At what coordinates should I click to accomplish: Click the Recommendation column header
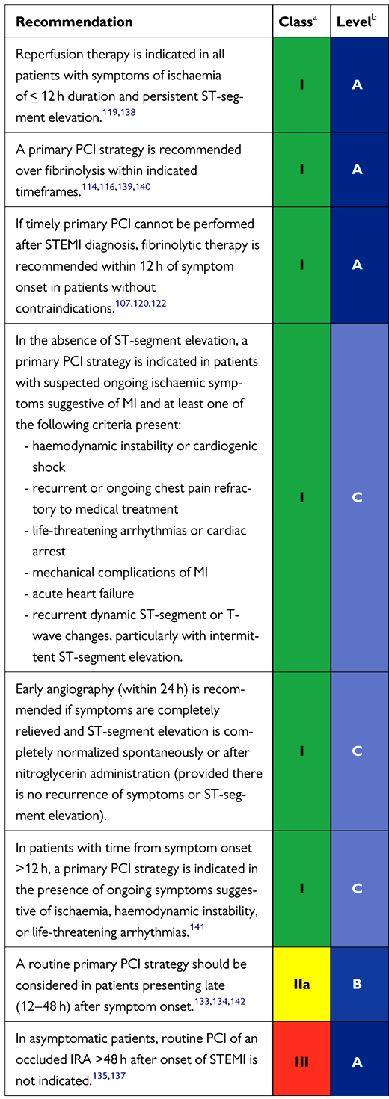(x=74, y=22)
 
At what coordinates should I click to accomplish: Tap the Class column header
(x=298, y=22)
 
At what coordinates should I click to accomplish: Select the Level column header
(x=357, y=22)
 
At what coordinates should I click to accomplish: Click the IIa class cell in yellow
(x=301, y=984)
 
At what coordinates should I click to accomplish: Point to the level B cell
(x=357, y=984)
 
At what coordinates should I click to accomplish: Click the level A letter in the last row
(x=357, y=1062)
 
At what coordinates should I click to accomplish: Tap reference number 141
(x=197, y=927)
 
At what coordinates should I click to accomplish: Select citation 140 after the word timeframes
(x=143, y=186)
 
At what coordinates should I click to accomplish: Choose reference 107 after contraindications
(x=123, y=304)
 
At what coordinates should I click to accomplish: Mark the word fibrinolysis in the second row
(x=73, y=170)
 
